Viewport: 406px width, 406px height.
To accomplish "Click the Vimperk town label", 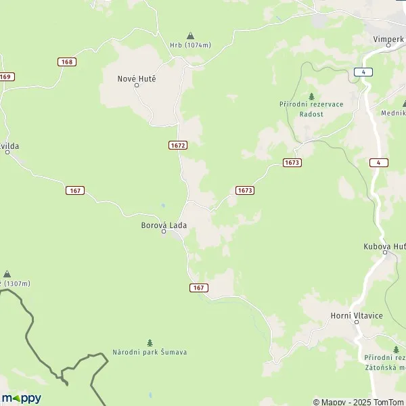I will click(388, 39).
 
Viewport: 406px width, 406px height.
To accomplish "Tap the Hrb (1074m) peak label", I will click(190, 45).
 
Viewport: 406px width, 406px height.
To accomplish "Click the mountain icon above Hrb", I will click(190, 35).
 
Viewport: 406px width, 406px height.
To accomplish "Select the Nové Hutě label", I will click(137, 78).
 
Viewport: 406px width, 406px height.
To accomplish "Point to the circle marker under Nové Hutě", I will click(136, 86).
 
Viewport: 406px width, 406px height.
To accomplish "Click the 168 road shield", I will click(67, 62).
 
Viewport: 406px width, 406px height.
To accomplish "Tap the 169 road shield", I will click(7, 76).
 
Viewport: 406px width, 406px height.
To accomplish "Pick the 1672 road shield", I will click(178, 145).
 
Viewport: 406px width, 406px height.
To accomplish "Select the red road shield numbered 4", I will click(379, 162).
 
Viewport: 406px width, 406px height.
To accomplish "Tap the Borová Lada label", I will click(164, 225).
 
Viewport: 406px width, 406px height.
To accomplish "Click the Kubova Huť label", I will click(384, 246).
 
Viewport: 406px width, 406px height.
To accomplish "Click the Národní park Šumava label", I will click(150, 353).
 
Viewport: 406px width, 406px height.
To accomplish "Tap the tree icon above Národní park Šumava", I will click(150, 342).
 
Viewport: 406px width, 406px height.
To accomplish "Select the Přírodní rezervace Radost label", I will click(311, 109).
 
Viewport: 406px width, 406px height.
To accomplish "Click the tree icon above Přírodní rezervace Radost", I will click(311, 95).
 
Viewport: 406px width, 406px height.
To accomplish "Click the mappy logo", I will click(21, 398).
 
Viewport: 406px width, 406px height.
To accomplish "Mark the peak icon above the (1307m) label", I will click(7, 273).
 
